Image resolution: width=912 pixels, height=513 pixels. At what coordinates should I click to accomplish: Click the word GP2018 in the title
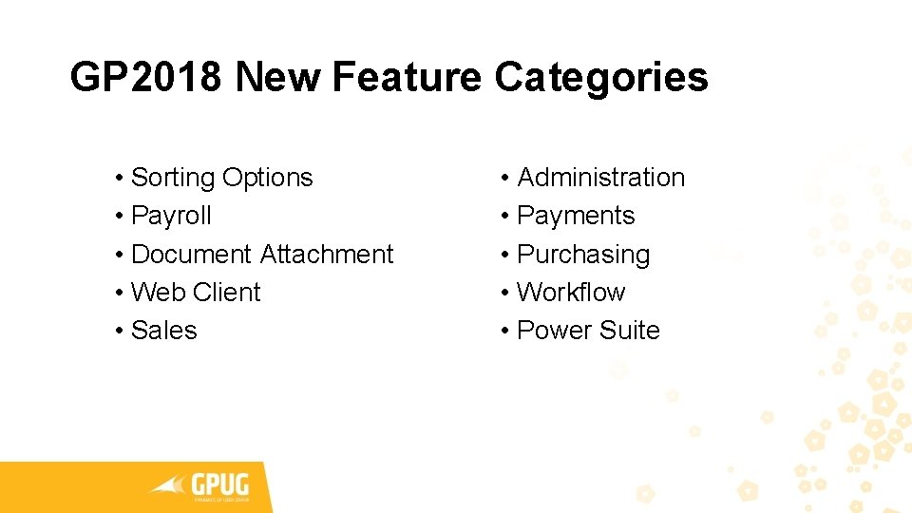(x=147, y=77)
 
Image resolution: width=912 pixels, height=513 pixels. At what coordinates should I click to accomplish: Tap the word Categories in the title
(x=601, y=77)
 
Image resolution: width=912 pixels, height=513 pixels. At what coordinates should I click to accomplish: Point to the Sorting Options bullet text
(x=221, y=178)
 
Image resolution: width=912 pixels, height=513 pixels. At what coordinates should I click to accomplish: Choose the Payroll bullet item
(x=171, y=216)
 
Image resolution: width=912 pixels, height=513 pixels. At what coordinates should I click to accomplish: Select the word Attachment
(x=326, y=255)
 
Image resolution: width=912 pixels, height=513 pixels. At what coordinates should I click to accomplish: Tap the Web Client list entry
(x=195, y=293)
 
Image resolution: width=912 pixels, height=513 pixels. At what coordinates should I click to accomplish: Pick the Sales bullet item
(x=163, y=331)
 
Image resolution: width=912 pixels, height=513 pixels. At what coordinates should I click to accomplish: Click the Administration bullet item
(x=600, y=178)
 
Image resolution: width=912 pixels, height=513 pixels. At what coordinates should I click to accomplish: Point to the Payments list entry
(x=575, y=216)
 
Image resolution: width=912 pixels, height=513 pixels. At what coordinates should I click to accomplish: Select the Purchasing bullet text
(x=582, y=255)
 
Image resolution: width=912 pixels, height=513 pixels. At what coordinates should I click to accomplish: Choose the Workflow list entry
(x=570, y=293)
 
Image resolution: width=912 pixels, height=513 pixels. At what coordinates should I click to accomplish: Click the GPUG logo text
(x=221, y=482)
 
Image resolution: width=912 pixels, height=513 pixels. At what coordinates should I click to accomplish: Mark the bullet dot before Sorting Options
(x=119, y=179)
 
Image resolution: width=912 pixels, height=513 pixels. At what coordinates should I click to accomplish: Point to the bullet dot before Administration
(x=504, y=179)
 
